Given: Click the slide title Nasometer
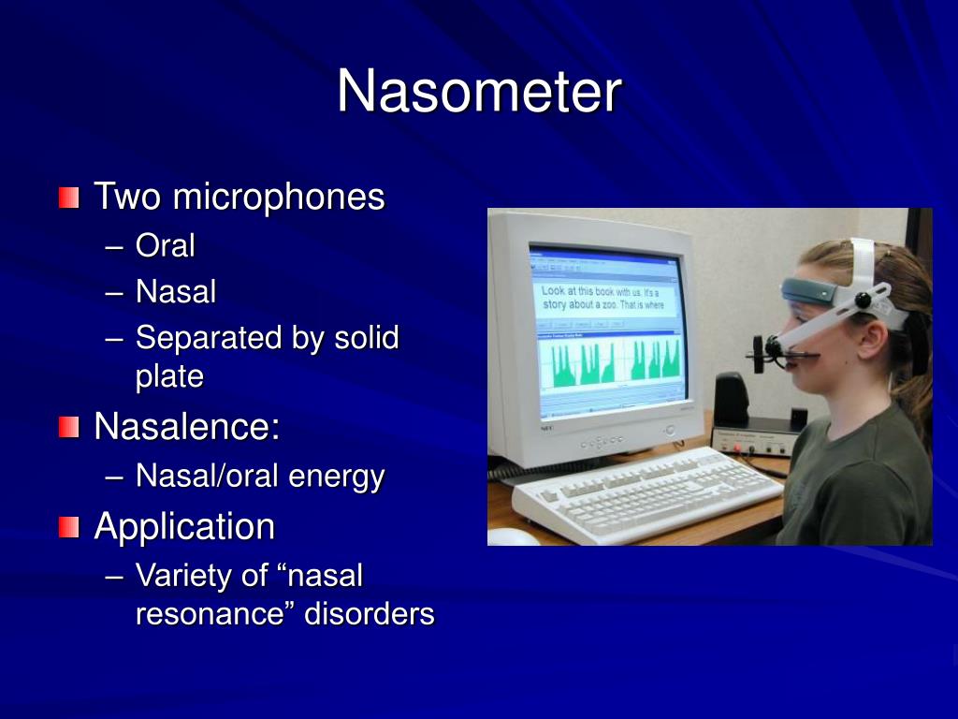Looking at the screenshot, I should click(x=479, y=93).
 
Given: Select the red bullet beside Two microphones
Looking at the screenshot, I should click(x=68, y=198).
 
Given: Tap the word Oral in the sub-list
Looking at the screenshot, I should click(x=165, y=246).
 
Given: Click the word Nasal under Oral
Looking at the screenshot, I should click(x=175, y=292).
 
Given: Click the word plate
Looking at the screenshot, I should click(x=169, y=376).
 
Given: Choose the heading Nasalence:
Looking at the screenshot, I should click(x=187, y=427).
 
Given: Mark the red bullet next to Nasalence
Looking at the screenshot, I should click(x=68, y=428).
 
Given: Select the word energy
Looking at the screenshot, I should click(x=336, y=477).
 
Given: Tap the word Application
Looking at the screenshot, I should click(x=184, y=526).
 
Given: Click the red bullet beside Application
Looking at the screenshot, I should click(x=68, y=527).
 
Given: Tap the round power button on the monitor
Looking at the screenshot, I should click(x=669, y=430).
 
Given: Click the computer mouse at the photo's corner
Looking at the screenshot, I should click(x=514, y=536).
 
